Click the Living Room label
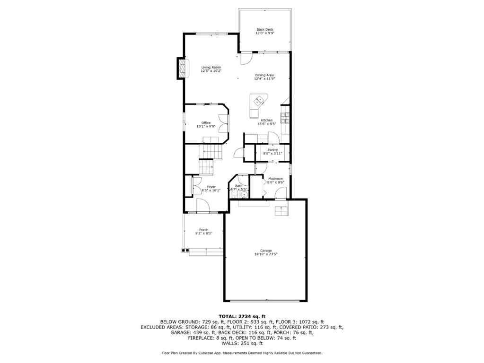[211, 68]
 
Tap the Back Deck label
[264, 30]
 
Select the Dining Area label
[264, 75]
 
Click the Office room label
[206, 123]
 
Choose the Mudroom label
[275, 179]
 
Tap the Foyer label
[211, 187]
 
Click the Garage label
[265, 251]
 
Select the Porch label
[203, 230]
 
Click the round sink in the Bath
[245, 194]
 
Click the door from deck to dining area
[246, 59]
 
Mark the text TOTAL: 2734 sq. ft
[242, 316]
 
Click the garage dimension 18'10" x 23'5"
[265, 254]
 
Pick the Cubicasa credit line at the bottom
[242, 353]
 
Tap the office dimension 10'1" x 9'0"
[206, 126]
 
